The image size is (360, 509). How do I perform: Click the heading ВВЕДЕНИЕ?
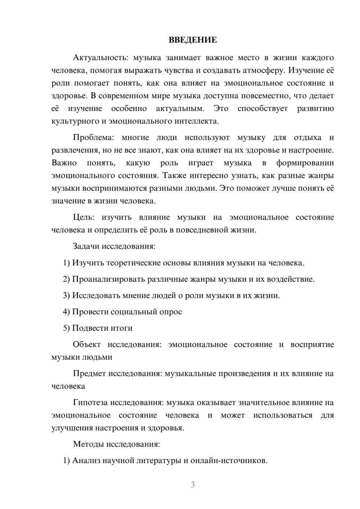[x=193, y=40]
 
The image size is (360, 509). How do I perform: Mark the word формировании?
[x=305, y=163]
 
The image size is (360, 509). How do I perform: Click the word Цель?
[x=83, y=217]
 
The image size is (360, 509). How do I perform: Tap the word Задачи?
[x=86, y=247]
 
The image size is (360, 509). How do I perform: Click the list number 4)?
[x=66, y=312]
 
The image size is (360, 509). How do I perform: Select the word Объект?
[x=87, y=344]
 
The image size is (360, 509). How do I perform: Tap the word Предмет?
[x=89, y=373]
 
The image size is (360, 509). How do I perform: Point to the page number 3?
[x=193, y=485]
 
